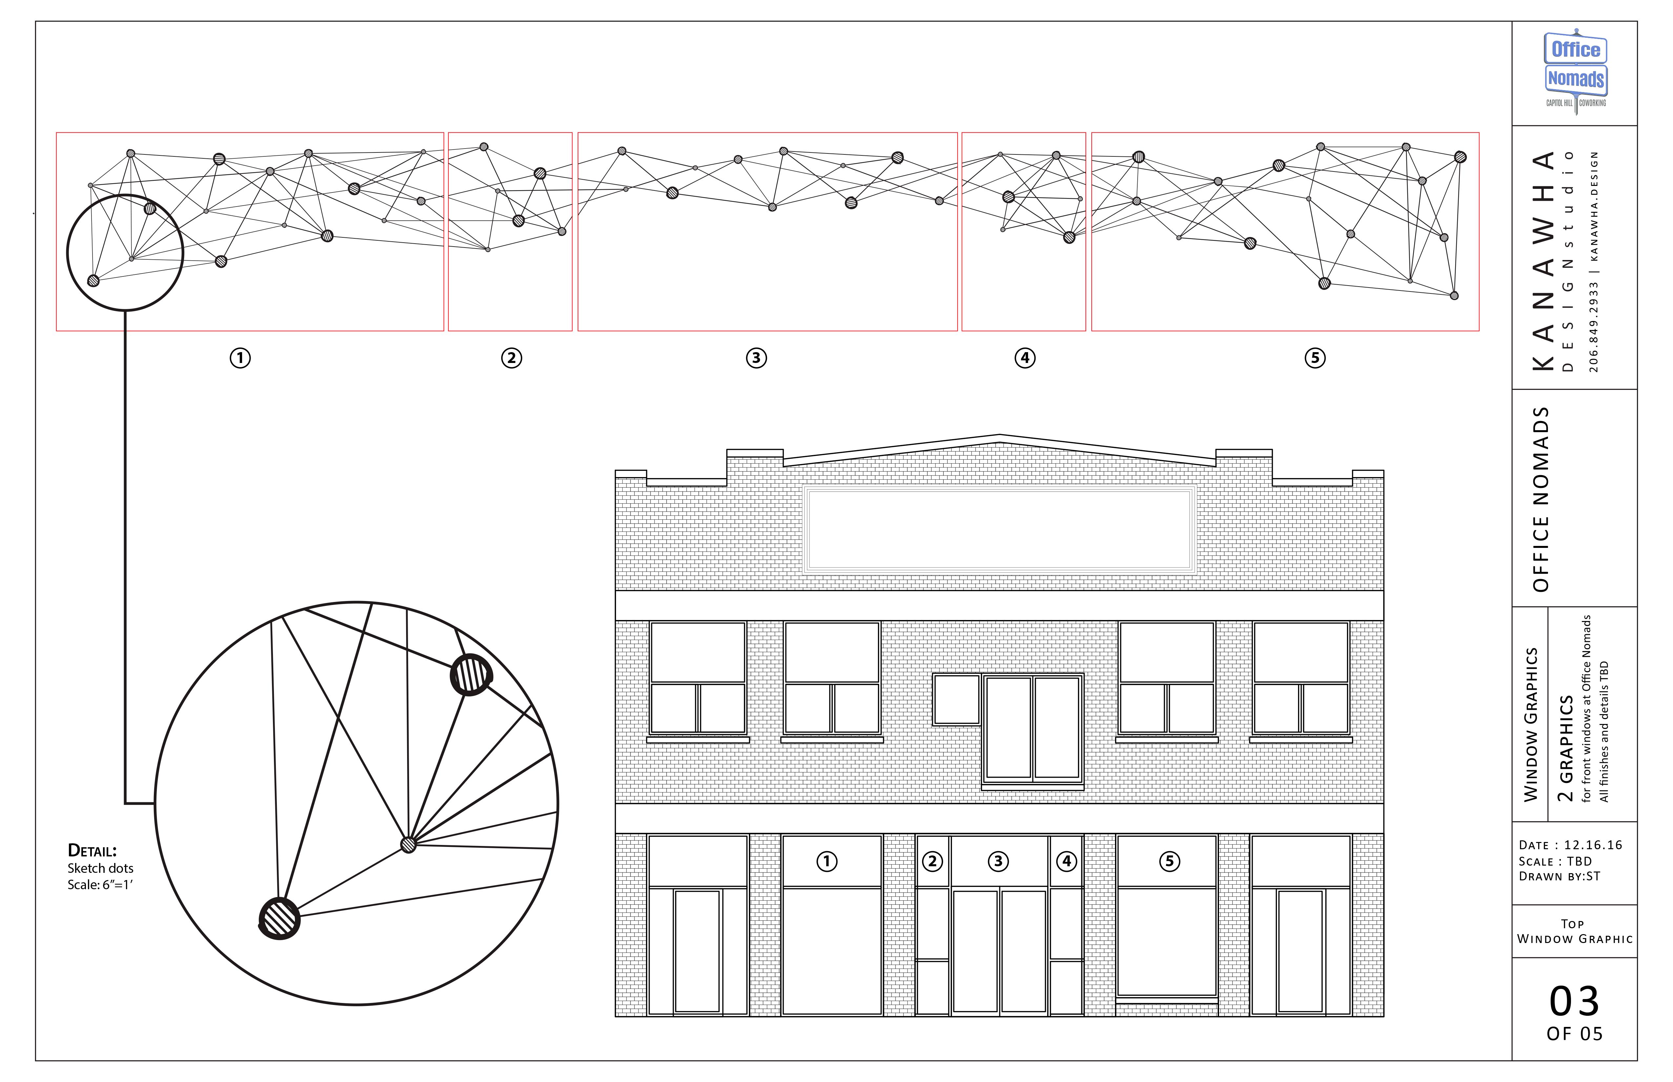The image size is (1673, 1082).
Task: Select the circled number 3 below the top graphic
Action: [756, 358]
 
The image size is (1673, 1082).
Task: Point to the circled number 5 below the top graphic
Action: [1315, 358]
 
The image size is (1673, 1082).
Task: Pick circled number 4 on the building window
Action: [1066, 861]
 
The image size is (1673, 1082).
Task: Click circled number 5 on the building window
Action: [1170, 861]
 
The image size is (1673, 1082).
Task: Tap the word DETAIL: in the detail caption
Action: [92, 851]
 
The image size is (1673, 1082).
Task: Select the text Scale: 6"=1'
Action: [100, 885]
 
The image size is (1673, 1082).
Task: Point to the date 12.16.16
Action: [1593, 845]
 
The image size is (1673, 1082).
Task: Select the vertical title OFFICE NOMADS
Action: [1541, 499]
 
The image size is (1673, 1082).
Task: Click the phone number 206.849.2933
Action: [1594, 328]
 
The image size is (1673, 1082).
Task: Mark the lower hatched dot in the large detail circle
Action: [279, 918]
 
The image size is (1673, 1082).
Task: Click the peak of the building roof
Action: [999, 436]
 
